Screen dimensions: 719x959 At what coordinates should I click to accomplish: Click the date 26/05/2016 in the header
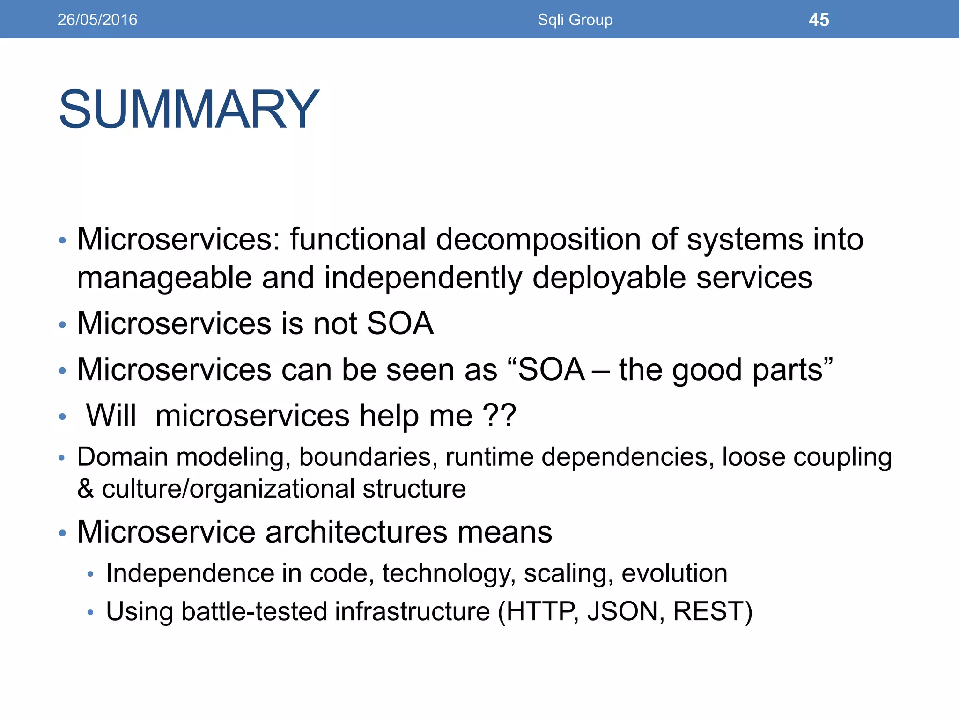coord(97,20)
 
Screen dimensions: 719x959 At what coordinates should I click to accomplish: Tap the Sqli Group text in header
coord(575,20)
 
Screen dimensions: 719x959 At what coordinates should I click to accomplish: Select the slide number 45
coord(819,20)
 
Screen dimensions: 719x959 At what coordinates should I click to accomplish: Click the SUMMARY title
coord(189,110)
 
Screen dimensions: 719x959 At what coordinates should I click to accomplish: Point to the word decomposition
coord(538,240)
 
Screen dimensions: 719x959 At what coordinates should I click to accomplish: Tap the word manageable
coord(164,278)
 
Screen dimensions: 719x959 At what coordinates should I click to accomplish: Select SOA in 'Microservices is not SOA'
coord(400,323)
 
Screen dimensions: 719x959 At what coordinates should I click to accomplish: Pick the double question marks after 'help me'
coord(499,415)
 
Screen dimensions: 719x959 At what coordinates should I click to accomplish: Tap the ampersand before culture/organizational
coord(85,489)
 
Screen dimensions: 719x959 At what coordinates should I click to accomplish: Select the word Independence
coord(190,573)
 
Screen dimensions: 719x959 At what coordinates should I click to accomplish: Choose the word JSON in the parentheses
coord(622,611)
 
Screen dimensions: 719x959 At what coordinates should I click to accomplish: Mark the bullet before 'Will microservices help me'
coord(62,417)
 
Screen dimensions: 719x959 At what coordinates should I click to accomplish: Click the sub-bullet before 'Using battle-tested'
coord(91,612)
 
